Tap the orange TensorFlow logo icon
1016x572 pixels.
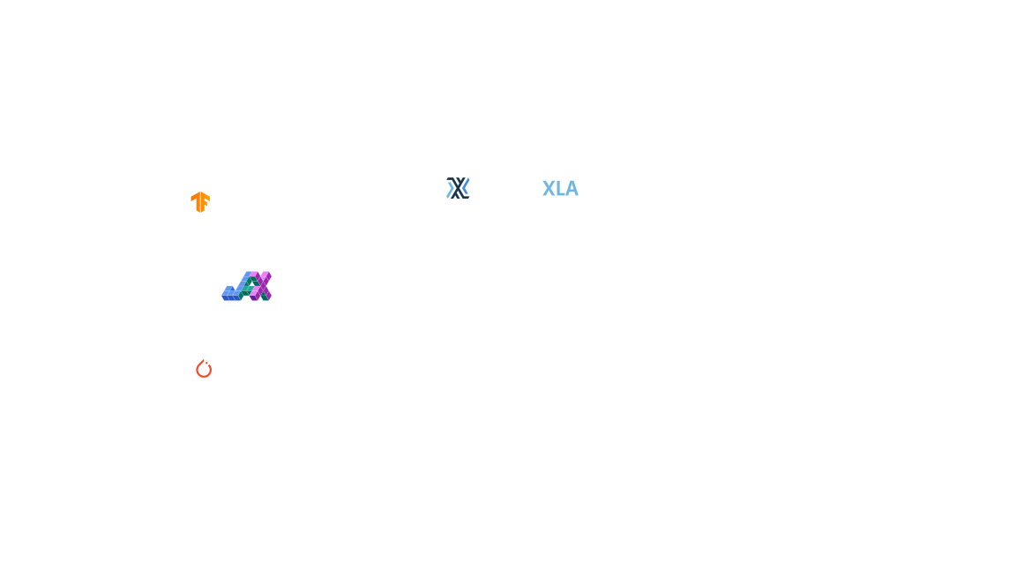click(200, 203)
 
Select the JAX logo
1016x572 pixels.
click(247, 287)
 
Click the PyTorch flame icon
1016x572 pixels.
click(204, 370)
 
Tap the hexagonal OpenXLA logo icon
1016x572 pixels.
click(457, 188)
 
